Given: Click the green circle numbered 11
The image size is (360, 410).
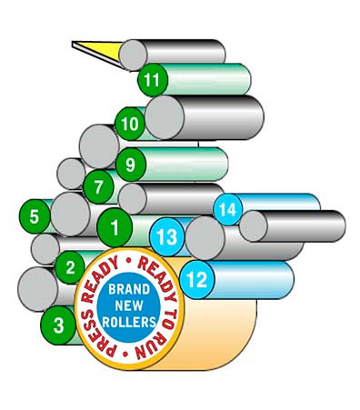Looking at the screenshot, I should [x=153, y=80].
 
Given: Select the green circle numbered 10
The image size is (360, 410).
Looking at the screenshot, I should [x=130, y=123].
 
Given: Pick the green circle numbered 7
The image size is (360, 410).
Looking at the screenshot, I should [x=98, y=188].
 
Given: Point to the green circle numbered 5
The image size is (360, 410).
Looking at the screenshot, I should [x=35, y=216].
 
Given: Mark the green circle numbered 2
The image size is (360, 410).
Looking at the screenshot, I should [x=70, y=267].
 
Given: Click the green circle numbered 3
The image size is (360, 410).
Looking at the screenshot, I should [x=59, y=325].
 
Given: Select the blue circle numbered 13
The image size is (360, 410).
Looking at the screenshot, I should [x=166, y=236].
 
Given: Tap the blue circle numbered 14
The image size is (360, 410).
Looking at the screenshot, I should [x=228, y=210].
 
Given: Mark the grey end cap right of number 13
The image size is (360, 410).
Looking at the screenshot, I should [x=205, y=238].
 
